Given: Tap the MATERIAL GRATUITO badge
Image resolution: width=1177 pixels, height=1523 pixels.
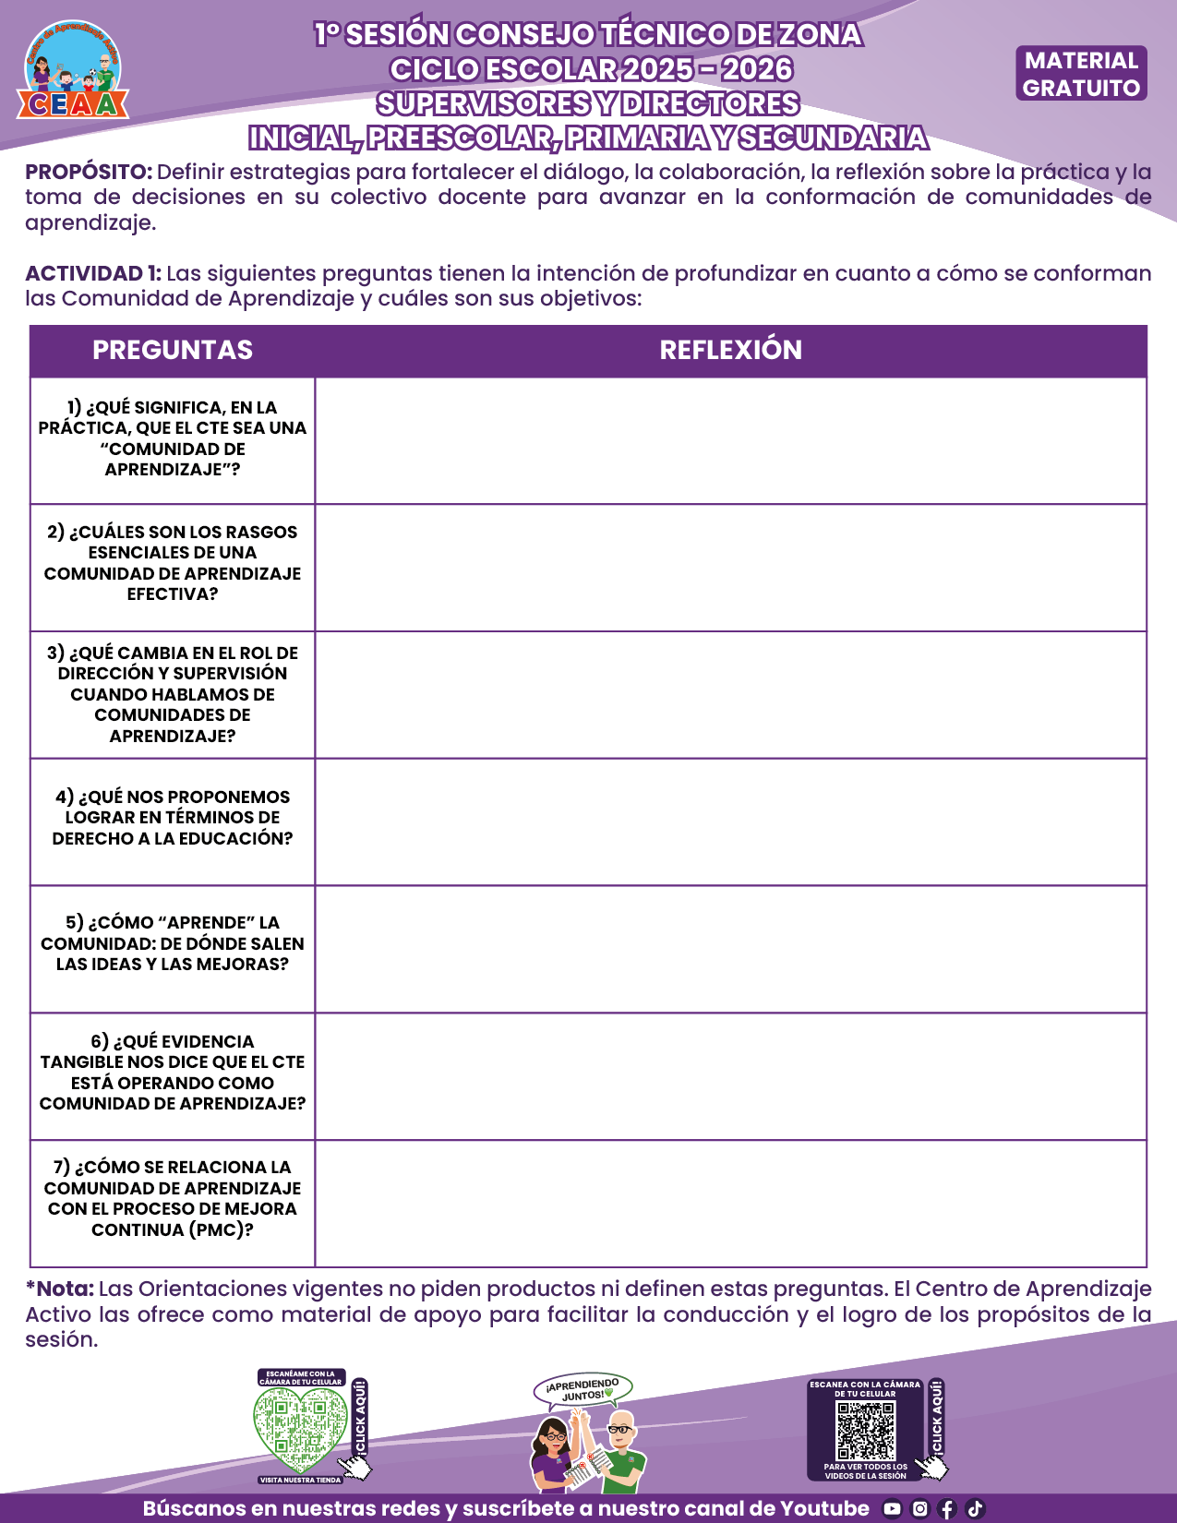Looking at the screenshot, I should (1081, 74).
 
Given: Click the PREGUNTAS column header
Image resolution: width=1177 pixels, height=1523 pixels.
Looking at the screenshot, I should (173, 350).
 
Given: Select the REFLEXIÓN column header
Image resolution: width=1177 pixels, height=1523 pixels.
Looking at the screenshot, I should (730, 350).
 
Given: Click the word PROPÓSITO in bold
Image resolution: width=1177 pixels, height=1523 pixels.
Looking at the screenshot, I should (89, 173).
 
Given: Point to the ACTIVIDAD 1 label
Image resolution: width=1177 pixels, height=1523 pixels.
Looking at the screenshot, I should (93, 274).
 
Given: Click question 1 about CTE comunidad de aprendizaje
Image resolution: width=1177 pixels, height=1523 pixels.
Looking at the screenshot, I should (173, 438).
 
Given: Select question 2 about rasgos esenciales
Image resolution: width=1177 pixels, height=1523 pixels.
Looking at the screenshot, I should (173, 563).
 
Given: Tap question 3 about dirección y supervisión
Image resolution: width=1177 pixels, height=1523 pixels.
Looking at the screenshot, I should (173, 694).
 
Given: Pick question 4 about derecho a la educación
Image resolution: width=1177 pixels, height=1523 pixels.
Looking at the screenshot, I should (173, 818).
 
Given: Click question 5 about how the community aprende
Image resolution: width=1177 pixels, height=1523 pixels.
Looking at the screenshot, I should (173, 943).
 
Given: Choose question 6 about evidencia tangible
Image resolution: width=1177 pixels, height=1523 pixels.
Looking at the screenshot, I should (173, 1073).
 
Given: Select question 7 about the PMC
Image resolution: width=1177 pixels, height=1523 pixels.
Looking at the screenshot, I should (173, 1198).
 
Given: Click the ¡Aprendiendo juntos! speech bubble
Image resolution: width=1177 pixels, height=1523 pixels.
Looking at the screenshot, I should (582, 1389).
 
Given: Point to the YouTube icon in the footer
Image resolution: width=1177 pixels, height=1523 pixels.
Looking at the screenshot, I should (892, 1509).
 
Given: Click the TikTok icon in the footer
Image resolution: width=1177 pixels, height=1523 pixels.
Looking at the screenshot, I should (975, 1509).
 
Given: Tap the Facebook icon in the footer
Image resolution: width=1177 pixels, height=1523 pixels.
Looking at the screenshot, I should (947, 1509).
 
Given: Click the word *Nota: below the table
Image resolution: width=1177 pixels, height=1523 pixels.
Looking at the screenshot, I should (60, 1289).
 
